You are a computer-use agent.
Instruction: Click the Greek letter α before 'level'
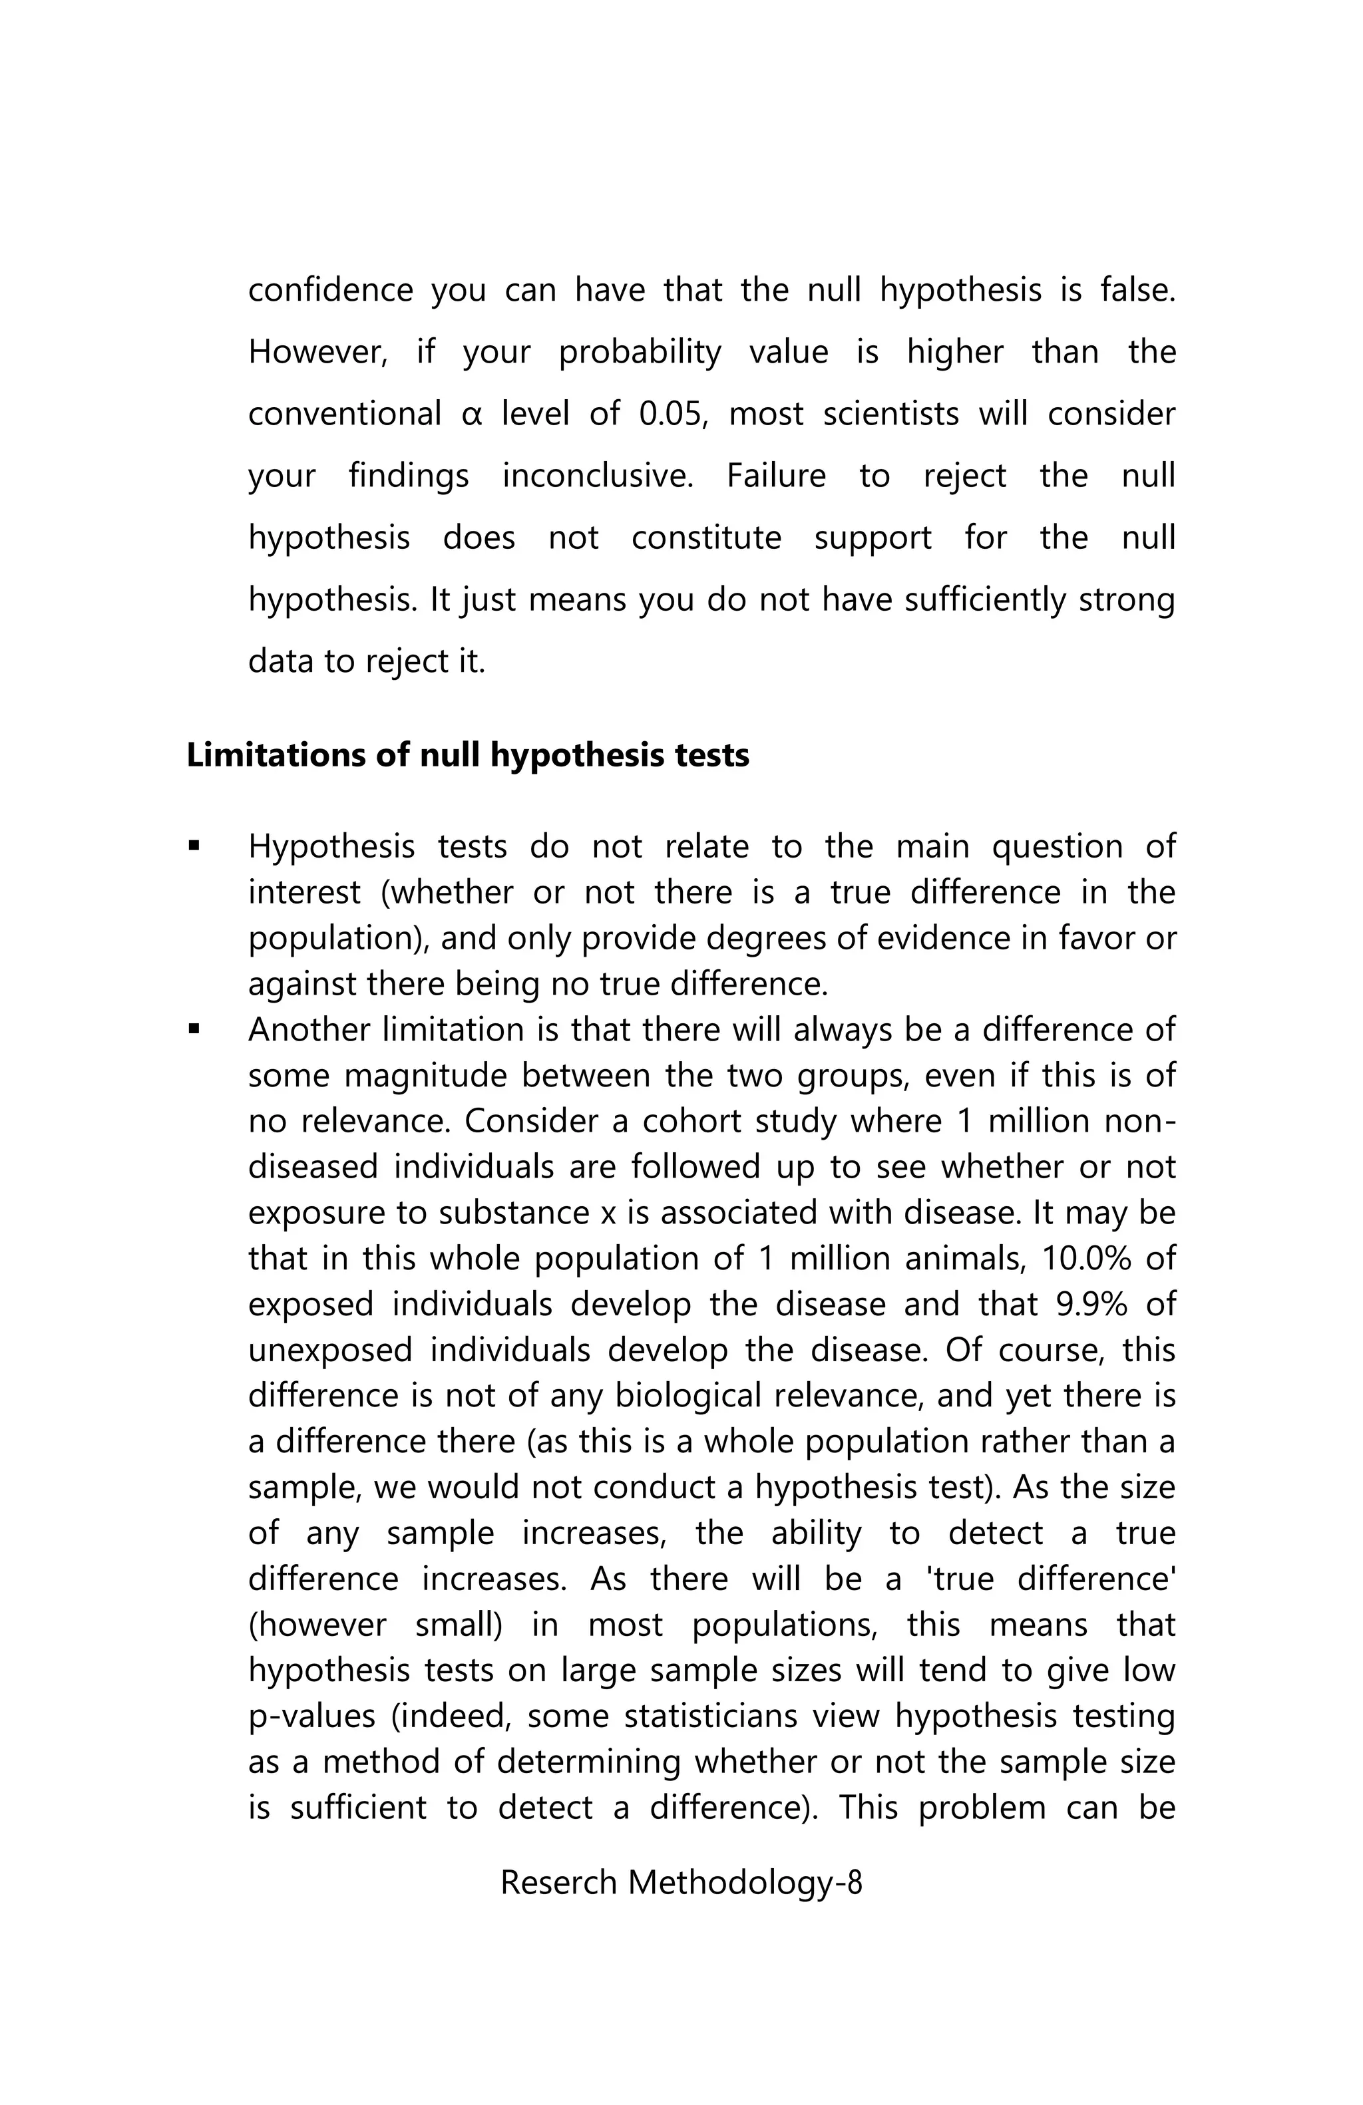(471, 414)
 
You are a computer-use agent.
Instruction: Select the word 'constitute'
(706, 538)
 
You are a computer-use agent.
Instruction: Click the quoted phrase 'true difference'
(1053, 1579)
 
